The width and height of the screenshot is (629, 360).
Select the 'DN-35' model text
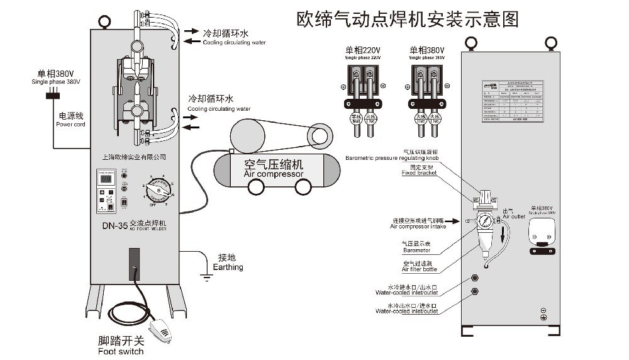click(x=115, y=225)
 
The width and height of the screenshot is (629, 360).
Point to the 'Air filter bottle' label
click(x=420, y=267)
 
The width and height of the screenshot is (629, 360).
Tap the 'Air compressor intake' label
click(x=418, y=223)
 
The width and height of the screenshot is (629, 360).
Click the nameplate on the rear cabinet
click(x=511, y=100)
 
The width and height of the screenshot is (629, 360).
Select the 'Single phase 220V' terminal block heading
click(x=363, y=53)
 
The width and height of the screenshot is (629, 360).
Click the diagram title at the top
click(x=408, y=19)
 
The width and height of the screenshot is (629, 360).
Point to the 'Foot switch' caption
click(x=121, y=346)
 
